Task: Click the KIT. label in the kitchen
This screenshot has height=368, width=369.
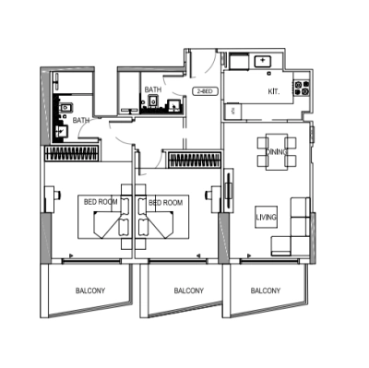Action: point(274,92)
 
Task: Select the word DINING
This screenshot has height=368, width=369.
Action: point(276,151)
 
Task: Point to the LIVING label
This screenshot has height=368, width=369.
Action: point(267,218)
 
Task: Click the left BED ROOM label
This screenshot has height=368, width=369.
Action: point(101,201)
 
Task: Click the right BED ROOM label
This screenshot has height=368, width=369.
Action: point(166,201)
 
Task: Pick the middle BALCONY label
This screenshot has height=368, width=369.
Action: point(188,291)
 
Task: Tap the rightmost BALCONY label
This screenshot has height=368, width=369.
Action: point(265,289)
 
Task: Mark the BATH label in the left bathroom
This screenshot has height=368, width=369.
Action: point(81,120)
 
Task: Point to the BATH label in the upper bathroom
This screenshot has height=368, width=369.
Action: point(153,89)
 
